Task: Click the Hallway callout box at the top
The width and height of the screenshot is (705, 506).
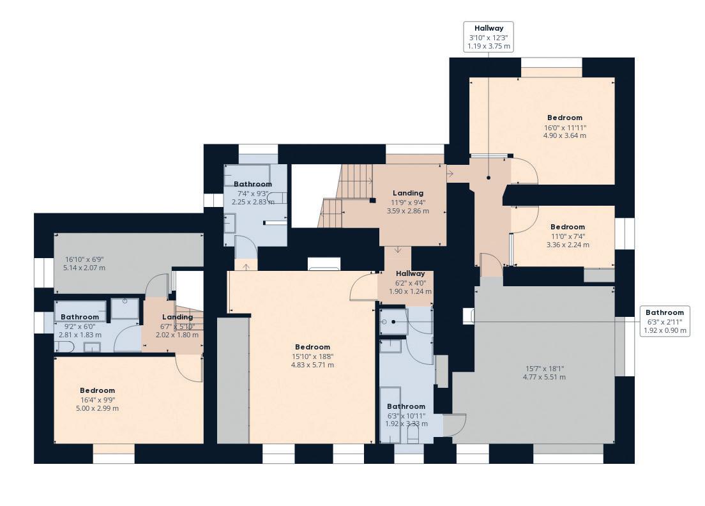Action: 489,37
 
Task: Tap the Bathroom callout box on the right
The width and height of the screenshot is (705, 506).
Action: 665,321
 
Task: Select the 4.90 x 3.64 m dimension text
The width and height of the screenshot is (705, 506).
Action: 565,135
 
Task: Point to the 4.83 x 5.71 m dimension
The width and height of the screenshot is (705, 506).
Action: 312,365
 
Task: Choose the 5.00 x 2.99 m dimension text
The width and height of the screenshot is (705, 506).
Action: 98,408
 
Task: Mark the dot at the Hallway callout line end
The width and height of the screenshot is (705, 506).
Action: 489,178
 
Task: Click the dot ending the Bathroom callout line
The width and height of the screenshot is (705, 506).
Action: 393,321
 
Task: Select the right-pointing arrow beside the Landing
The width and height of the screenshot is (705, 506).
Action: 450,173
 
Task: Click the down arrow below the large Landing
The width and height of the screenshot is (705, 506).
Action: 398,249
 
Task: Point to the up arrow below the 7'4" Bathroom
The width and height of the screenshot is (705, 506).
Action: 246,266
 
